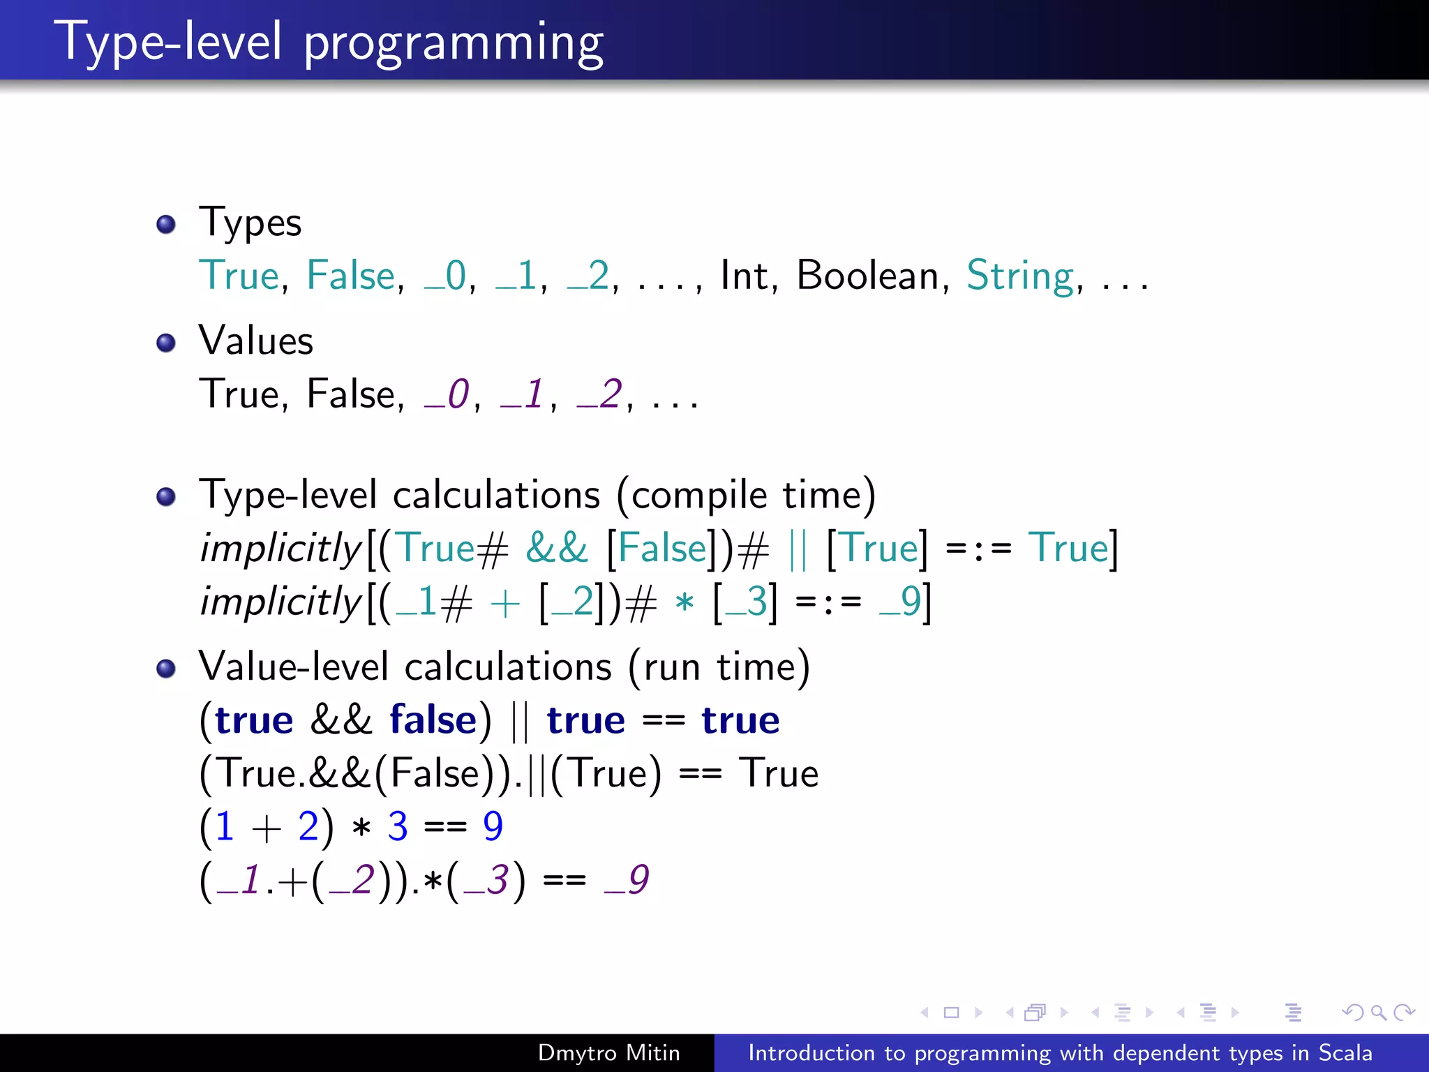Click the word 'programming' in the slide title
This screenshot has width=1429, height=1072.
tap(454, 43)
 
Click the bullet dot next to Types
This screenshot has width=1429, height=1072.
tap(166, 224)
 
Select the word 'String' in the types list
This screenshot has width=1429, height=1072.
tap(1019, 276)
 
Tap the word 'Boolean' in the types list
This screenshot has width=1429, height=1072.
tap(867, 275)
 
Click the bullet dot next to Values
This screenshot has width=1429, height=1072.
tap(166, 343)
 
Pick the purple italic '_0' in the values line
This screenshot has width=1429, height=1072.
tap(447, 395)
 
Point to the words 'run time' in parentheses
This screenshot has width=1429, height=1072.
tap(719, 667)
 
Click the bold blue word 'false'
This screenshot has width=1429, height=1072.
tap(433, 720)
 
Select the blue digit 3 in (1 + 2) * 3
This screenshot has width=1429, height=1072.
tap(398, 826)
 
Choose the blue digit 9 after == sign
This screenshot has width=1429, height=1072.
tap(493, 826)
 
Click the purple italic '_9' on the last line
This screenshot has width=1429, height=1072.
tap(627, 880)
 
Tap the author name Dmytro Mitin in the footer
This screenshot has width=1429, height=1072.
tap(608, 1052)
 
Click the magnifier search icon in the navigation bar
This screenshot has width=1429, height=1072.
tap(1378, 1012)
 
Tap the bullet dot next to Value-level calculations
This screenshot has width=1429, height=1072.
tap(166, 669)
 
